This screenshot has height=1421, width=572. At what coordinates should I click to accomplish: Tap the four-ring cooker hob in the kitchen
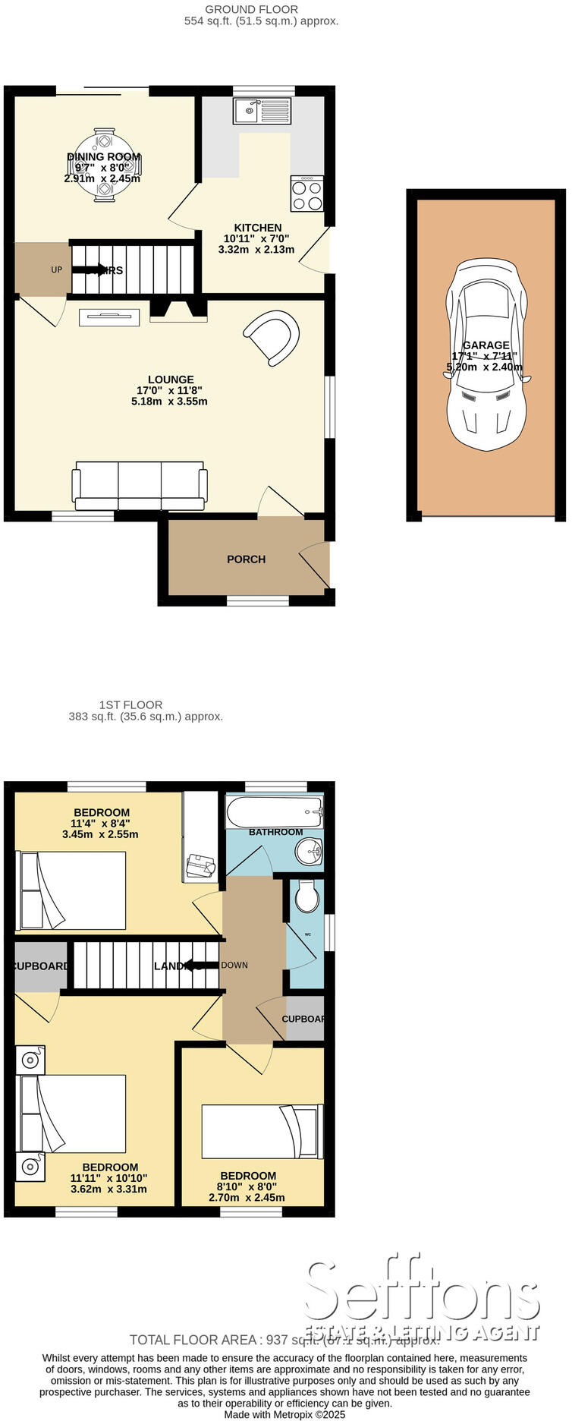306,194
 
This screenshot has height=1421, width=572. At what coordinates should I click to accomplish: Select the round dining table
104,165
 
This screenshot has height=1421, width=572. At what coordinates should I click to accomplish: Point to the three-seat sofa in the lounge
139,486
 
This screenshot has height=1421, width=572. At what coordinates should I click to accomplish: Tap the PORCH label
246,559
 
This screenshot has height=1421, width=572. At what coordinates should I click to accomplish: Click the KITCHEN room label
258,228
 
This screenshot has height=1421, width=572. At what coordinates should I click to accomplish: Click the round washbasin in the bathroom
310,851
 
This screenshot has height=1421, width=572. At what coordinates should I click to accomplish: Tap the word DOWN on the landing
234,966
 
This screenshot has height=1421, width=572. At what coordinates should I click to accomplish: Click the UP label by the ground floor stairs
57,269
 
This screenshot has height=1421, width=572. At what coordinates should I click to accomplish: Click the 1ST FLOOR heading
130,704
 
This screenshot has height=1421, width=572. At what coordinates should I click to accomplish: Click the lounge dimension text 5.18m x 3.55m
169,402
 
